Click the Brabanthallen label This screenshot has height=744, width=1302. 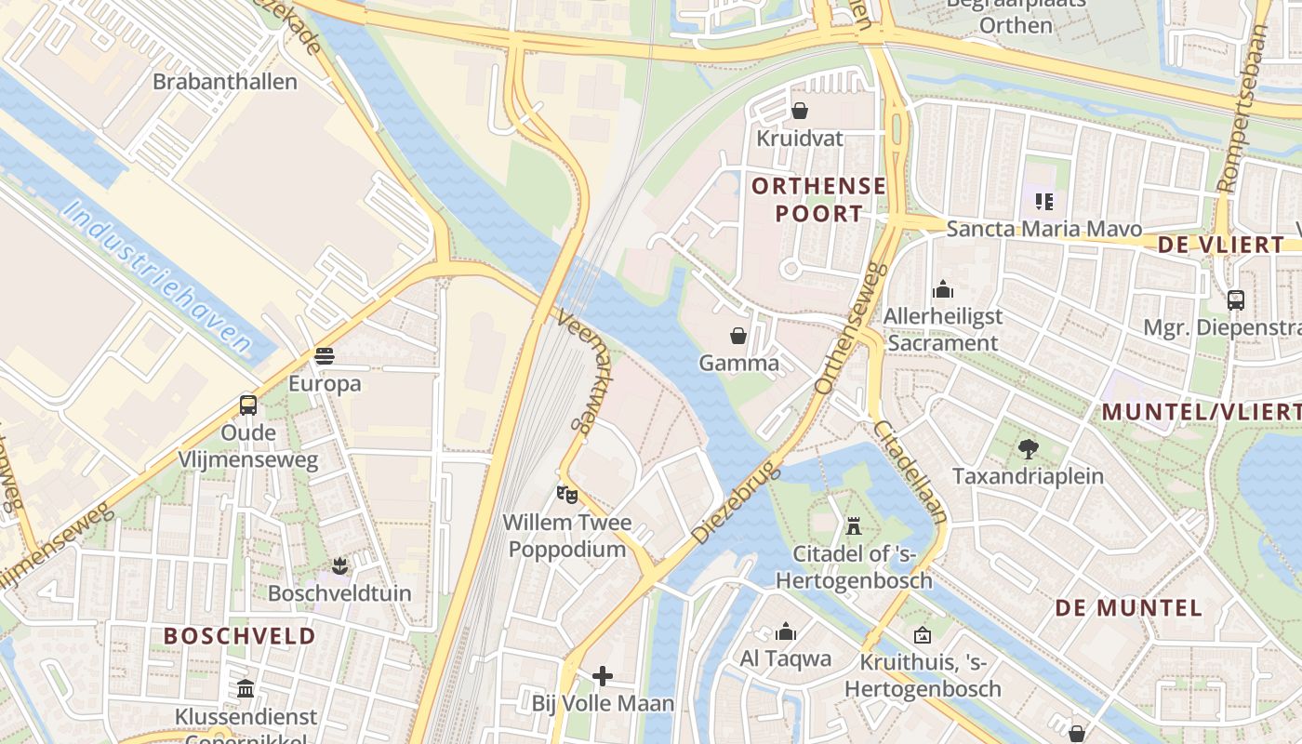point(225,82)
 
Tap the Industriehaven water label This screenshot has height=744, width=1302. point(158,278)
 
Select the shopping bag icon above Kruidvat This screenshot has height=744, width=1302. point(800,112)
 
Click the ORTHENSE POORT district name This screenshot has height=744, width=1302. point(818,199)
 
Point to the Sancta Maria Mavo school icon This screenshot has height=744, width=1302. point(1044,201)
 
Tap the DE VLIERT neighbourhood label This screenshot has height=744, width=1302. point(1221,245)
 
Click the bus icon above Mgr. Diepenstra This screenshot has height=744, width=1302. point(1236,299)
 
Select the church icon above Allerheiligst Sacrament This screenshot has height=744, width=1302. point(943,289)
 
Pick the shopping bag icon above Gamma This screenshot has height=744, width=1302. point(738,335)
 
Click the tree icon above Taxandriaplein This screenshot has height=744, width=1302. point(1028,449)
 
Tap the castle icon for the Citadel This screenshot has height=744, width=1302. point(853,526)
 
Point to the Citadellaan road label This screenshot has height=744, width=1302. point(910,472)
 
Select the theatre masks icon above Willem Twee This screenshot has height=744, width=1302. point(566,494)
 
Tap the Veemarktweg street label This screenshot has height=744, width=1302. point(577,372)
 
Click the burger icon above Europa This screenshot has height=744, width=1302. point(324,356)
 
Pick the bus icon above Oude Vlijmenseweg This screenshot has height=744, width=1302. point(248,405)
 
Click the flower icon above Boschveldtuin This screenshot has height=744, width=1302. point(339,565)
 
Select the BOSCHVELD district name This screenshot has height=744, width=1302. point(240,636)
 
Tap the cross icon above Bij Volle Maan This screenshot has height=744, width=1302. point(603,675)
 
